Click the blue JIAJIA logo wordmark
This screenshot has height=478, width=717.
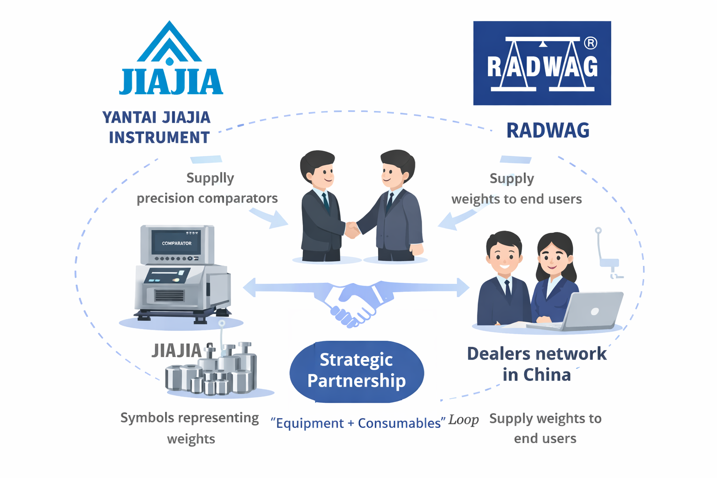point(171,82)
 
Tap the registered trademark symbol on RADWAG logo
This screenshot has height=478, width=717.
point(590,43)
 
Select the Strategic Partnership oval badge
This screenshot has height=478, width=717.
point(357,371)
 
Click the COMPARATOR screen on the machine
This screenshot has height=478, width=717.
point(176,243)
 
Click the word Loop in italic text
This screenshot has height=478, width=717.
point(464,420)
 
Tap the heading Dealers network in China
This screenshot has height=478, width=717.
point(537,364)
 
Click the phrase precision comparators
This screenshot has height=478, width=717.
point(207,198)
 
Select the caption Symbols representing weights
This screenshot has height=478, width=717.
point(190,428)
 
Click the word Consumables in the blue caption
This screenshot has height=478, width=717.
point(399,423)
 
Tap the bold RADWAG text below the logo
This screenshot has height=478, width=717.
point(548,131)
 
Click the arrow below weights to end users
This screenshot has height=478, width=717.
point(455,219)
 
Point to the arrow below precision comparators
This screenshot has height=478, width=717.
point(271,218)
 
